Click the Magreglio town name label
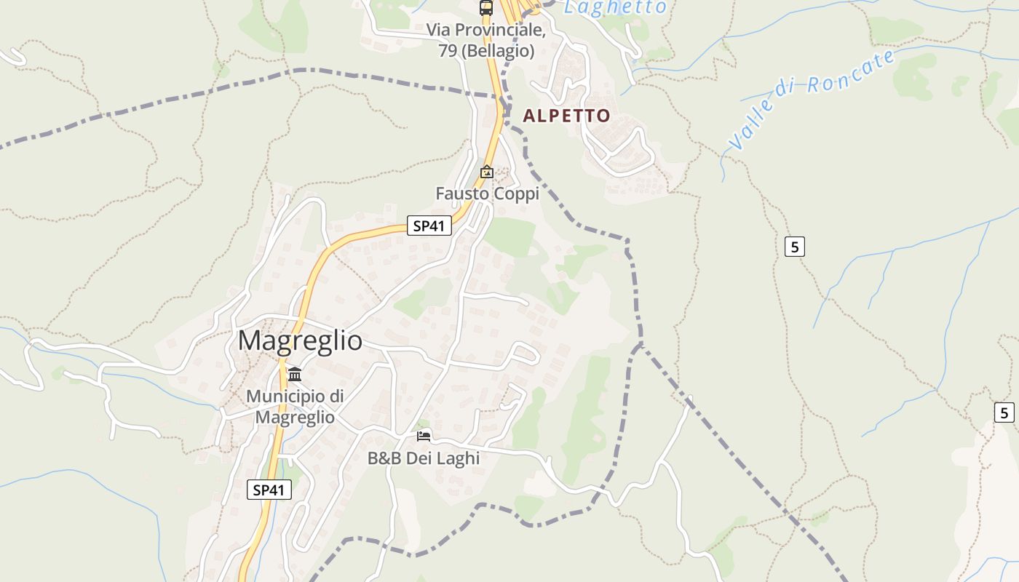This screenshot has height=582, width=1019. pyautogui.click(x=300, y=340)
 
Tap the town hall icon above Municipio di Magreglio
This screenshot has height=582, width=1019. pyautogui.click(x=295, y=375)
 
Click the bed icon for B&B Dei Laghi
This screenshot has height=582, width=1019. pyautogui.click(x=424, y=436)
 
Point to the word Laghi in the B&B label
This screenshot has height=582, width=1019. pyautogui.click(x=458, y=458)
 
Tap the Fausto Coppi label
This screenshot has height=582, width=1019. pyautogui.click(x=487, y=194)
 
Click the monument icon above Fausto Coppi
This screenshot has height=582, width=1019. pyautogui.click(x=486, y=172)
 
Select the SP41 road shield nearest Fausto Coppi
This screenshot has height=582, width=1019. pyautogui.click(x=428, y=226)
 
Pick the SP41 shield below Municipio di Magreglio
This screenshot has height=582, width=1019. pyautogui.click(x=269, y=490)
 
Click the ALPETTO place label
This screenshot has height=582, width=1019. pyautogui.click(x=566, y=116)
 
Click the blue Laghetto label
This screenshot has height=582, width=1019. pyautogui.click(x=615, y=7)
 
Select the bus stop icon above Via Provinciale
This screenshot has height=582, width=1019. pyautogui.click(x=485, y=8)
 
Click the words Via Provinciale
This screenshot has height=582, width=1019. pyautogui.click(x=485, y=31)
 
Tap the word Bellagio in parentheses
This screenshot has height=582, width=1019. pyautogui.click(x=499, y=51)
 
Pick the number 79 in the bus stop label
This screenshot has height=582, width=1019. pyautogui.click(x=448, y=51)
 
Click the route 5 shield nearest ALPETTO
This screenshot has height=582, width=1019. pyautogui.click(x=795, y=247)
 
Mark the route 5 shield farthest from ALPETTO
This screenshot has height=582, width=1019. pyautogui.click(x=1004, y=412)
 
